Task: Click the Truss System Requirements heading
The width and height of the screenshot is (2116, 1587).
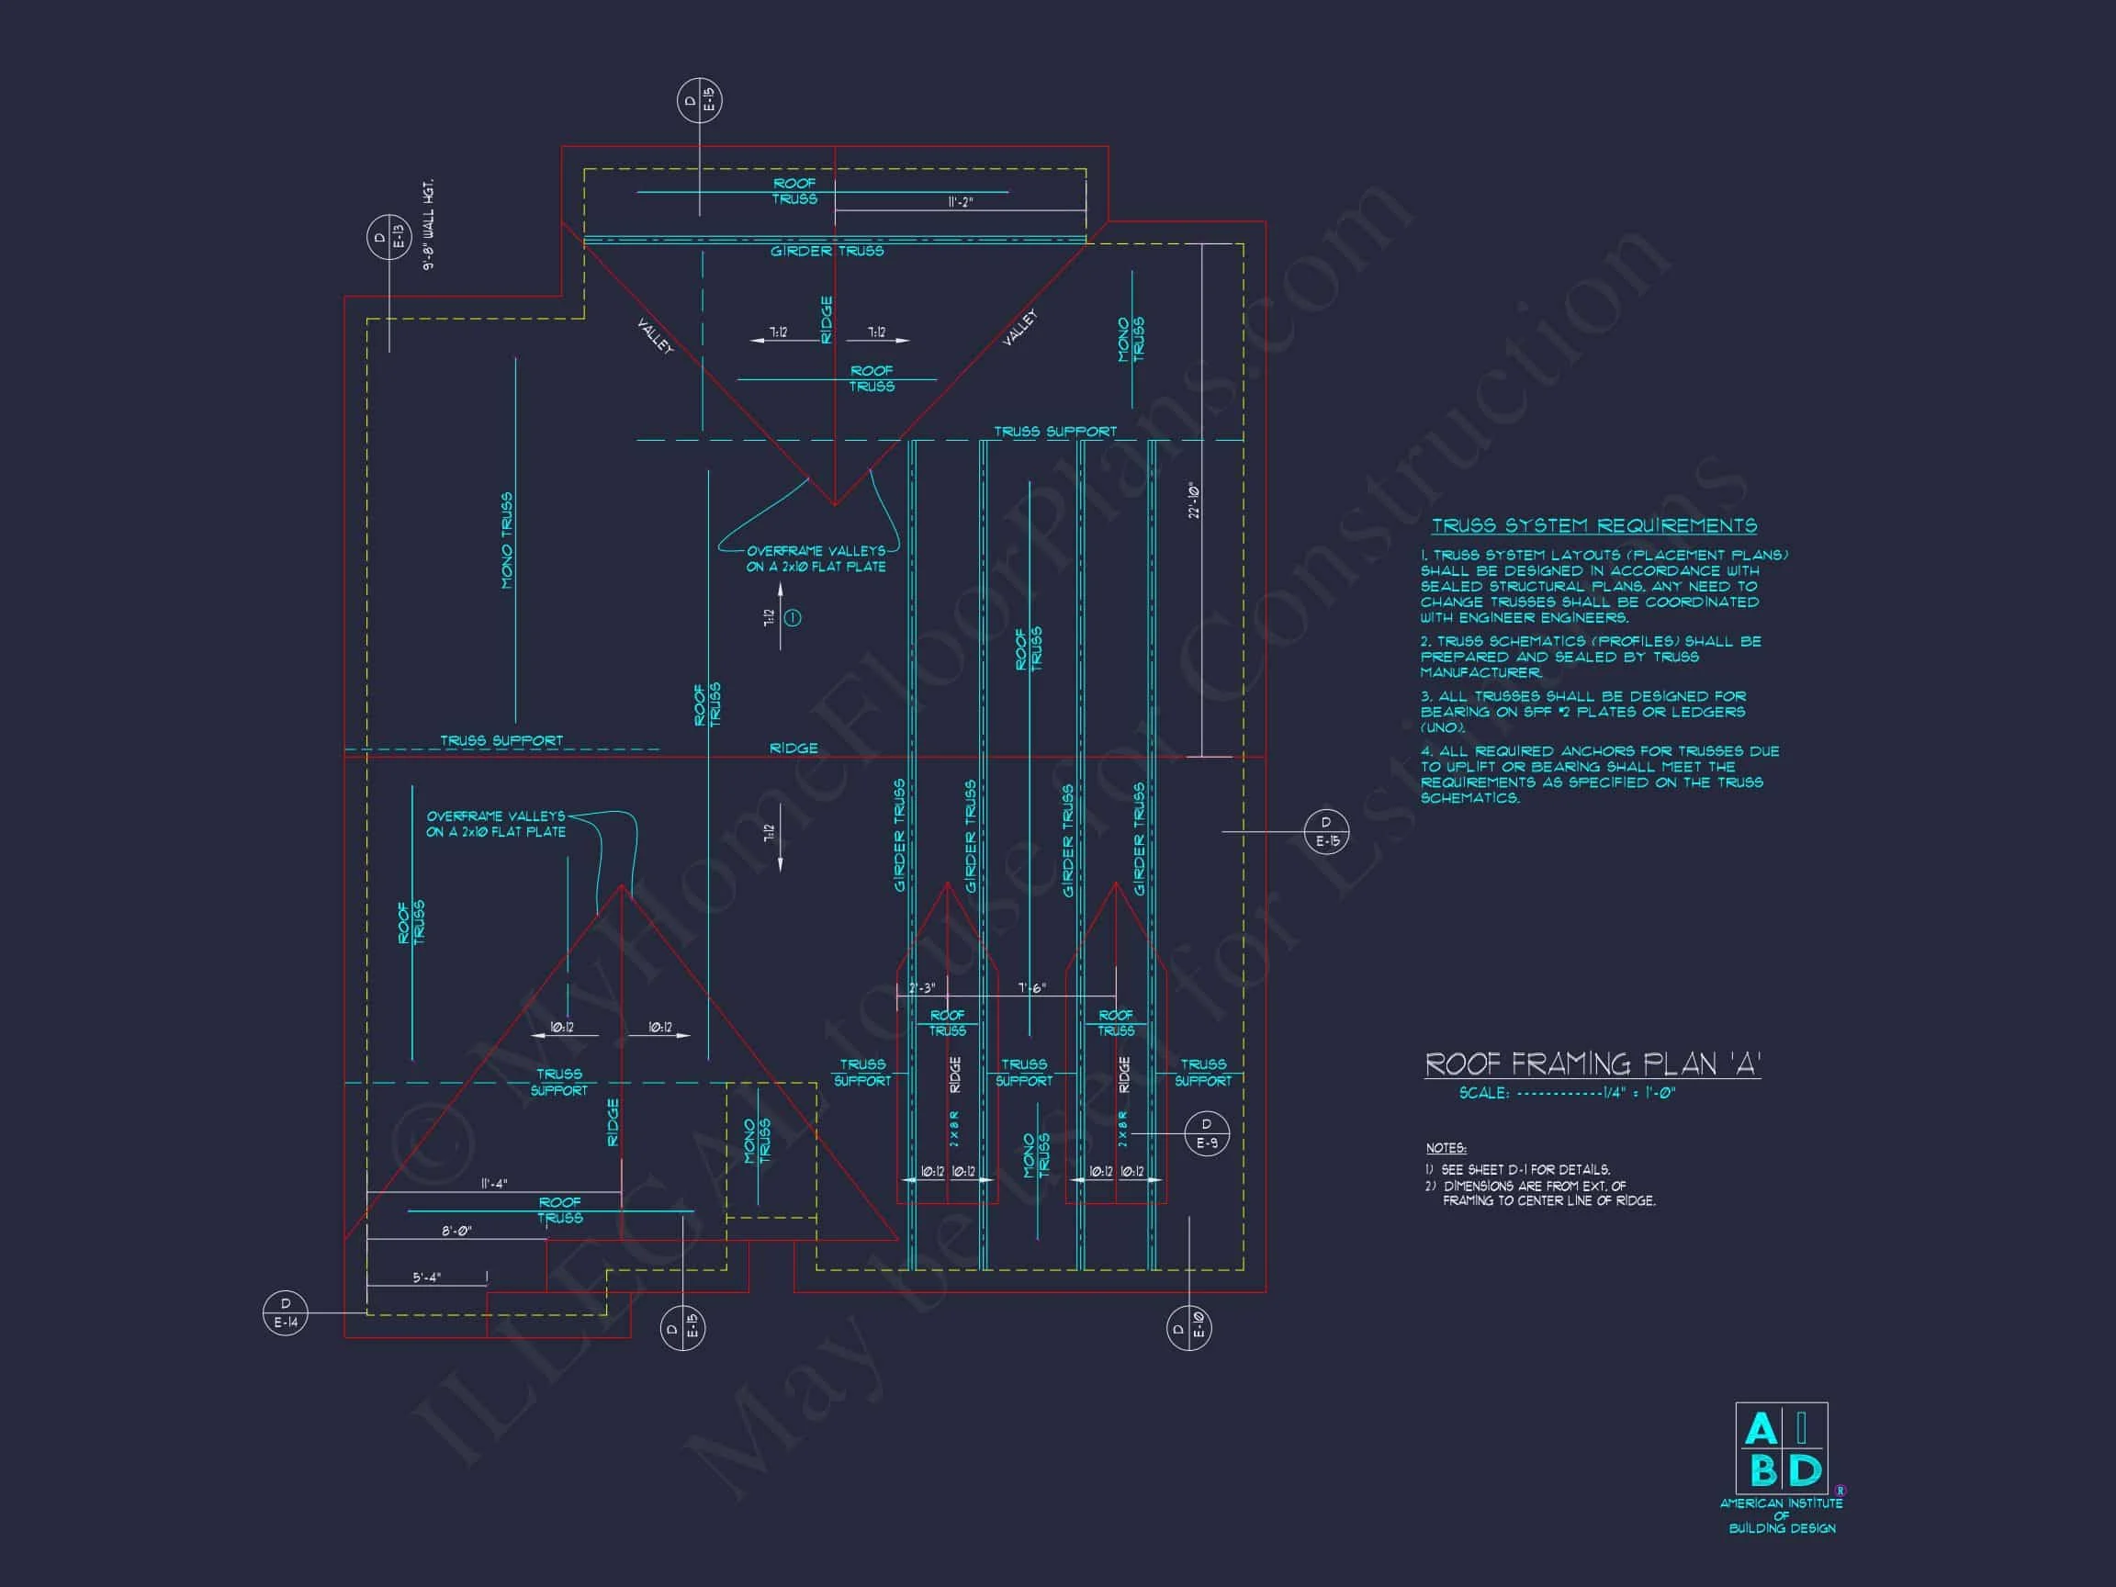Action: pos(1593,526)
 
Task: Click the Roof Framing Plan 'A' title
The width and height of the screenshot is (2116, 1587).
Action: pos(1593,1064)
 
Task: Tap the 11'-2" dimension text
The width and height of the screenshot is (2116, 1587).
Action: pos(960,203)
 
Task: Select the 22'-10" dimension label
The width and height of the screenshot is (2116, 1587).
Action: pos(1194,501)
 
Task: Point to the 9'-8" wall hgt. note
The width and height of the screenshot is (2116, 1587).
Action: pos(429,225)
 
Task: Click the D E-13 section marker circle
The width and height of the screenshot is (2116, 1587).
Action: pos(389,237)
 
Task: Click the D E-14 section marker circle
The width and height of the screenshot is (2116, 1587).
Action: pos(285,1312)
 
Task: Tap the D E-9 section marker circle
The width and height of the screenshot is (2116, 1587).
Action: pos(1207,1133)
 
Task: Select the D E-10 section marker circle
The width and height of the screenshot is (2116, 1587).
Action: pos(1189,1328)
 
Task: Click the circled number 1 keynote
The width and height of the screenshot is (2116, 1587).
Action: pos(793,618)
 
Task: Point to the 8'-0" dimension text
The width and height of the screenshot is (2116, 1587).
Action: pos(456,1232)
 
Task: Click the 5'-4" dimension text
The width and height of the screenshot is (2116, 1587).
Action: pos(427,1278)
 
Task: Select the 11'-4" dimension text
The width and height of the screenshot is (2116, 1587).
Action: pos(493,1184)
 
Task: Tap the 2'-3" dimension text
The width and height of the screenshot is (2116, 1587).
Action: pos(922,988)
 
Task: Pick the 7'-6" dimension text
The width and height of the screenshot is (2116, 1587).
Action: pos(1032,988)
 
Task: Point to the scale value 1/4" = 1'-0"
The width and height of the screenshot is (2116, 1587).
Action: pos(1639,1094)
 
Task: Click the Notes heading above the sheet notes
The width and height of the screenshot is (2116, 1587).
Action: pos(1446,1148)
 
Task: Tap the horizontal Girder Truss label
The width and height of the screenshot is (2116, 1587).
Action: pos(827,252)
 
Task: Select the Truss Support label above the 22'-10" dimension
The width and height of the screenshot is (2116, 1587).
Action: pos(1055,433)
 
